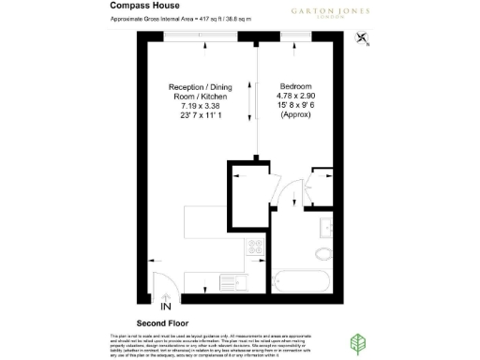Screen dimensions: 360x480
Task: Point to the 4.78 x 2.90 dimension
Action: click(289, 95)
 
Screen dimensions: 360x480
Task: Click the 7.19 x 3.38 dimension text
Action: click(197, 105)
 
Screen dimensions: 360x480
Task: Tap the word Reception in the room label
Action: click(178, 83)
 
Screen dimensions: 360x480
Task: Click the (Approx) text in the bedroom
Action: click(289, 116)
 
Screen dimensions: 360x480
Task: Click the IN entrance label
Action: click(165, 307)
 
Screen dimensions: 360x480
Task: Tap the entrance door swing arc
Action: click(162, 280)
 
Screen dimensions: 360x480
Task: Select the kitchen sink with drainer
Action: click(230, 279)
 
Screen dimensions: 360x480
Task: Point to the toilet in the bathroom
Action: click(323, 254)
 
